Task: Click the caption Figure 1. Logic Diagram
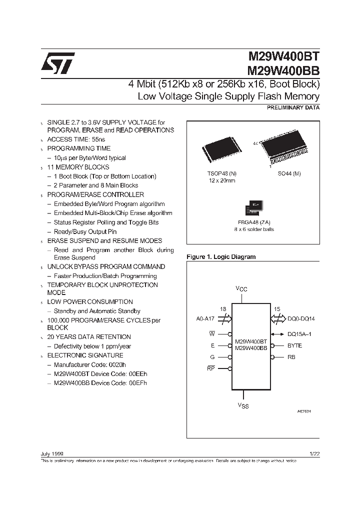[221, 257]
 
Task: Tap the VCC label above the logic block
[241, 289]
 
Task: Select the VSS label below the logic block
[242, 406]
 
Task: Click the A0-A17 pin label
[206, 317]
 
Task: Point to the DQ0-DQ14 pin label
[302, 317]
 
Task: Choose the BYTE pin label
[294, 345]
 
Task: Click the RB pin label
[291, 357]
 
